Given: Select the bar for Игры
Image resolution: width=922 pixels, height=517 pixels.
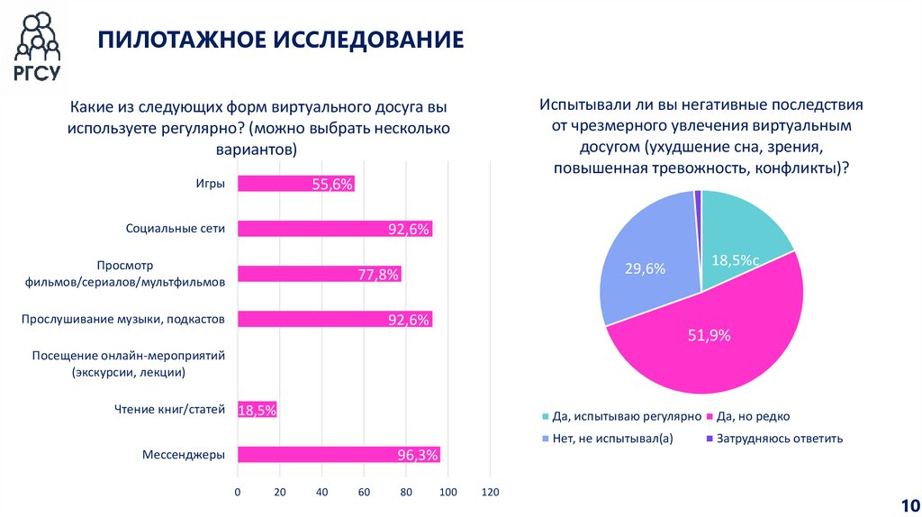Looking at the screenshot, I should coord(295,184).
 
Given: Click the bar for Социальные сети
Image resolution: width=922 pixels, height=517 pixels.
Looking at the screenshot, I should coord(334,229).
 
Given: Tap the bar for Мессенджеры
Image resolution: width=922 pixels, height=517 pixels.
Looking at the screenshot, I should coord(338,455).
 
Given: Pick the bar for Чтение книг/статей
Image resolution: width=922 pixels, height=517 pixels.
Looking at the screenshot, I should coord(257,410).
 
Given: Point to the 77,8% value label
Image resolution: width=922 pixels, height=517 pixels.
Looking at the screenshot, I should coord(378,275).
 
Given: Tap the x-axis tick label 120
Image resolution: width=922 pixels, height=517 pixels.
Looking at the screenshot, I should coord(490,492).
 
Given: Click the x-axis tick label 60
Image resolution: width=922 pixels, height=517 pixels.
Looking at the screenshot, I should coord(364,492).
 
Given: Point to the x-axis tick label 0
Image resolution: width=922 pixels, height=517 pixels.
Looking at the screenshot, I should coord(238,492).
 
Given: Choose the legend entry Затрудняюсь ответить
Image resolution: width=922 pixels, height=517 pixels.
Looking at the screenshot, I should coord(781,439).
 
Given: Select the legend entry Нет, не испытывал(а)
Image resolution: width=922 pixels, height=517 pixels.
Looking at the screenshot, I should coord(611,439).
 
